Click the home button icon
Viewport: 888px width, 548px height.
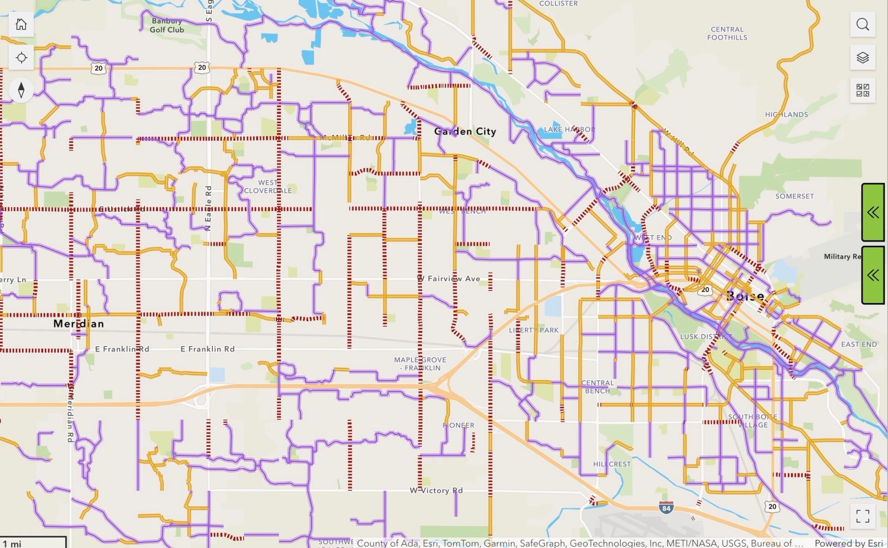point(21,24)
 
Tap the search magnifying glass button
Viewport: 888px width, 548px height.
point(863,24)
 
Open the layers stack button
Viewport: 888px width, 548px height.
point(863,58)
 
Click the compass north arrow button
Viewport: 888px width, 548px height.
point(21,90)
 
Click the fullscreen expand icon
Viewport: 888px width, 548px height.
point(863,516)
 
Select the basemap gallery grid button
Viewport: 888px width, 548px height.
point(863,91)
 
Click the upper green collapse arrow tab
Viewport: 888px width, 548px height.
point(873,213)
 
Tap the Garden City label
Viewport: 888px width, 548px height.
point(465,132)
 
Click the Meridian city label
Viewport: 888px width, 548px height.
point(79,323)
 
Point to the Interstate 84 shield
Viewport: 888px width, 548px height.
point(666,508)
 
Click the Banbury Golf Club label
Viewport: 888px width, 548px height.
point(166,25)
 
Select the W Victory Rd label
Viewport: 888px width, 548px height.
point(436,490)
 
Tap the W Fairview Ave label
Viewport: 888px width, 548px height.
point(449,279)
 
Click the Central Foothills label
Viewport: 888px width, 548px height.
point(727,33)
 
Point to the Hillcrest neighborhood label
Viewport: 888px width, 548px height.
point(611,464)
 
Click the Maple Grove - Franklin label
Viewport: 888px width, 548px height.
point(420,364)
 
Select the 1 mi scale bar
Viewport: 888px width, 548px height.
point(32,542)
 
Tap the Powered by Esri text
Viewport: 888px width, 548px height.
point(849,543)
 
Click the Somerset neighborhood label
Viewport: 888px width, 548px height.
point(794,196)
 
